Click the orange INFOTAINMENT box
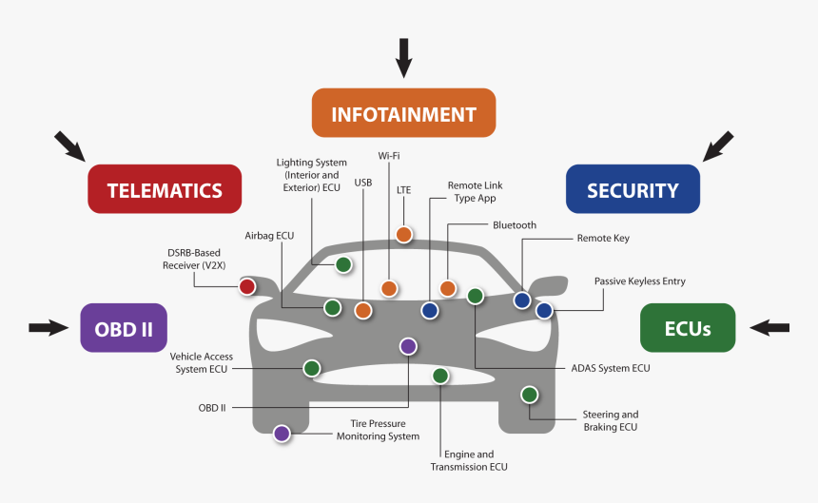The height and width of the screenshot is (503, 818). (x=403, y=113)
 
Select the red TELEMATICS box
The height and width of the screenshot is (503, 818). (x=165, y=189)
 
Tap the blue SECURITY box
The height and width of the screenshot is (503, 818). (x=633, y=189)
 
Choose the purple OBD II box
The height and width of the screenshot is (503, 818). (x=124, y=328)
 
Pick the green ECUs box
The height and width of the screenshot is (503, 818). (x=688, y=328)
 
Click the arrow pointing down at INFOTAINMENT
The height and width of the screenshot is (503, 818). (x=404, y=57)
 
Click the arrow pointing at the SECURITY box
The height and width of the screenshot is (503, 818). (x=718, y=145)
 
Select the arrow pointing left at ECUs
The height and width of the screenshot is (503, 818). (x=769, y=328)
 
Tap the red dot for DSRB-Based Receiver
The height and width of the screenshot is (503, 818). (x=247, y=286)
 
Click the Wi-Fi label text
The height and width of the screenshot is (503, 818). (x=388, y=155)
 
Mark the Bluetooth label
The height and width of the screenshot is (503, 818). (x=515, y=225)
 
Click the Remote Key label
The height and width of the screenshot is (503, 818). (x=603, y=239)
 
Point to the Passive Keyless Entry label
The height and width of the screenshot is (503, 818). (x=639, y=281)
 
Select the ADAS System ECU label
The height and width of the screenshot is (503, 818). (x=611, y=368)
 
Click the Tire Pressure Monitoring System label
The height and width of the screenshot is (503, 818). (x=378, y=430)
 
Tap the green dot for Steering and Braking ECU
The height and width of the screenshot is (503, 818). (x=529, y=395)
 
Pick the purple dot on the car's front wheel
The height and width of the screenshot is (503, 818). (x=282, y=434)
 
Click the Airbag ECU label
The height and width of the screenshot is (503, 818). (x=269, y=234)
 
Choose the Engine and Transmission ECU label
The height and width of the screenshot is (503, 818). (x=469, y=460)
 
